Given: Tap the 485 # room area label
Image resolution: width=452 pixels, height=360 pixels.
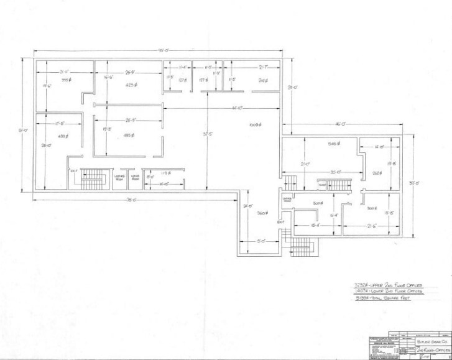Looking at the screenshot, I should [130, 135].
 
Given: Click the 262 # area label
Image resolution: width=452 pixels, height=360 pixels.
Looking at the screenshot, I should [377, 173].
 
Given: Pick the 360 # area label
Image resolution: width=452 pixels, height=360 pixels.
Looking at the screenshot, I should [263, 213].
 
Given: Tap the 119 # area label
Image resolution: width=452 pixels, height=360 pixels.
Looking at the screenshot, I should [166, 173].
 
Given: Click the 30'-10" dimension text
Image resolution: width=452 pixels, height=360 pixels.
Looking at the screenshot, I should [338, 172].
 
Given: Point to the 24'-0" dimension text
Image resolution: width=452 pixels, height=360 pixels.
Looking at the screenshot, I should [247, 206].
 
